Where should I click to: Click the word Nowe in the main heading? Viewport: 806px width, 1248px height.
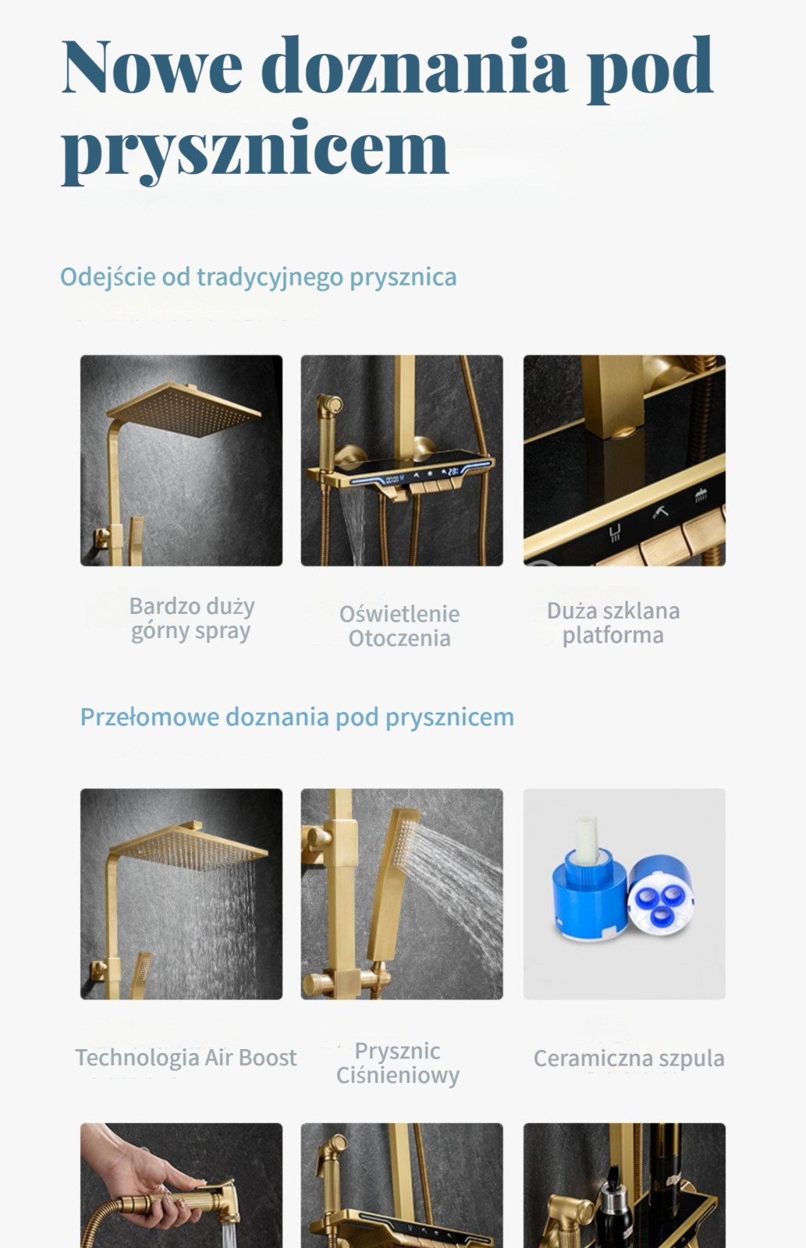151,66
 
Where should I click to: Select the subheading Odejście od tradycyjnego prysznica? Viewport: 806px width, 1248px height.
258,278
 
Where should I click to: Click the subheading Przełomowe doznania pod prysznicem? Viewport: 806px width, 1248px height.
297,718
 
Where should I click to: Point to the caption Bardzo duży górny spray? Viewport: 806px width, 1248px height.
192,619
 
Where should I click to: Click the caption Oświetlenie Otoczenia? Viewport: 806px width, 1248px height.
399,626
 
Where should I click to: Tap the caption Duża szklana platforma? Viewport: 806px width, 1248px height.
613,623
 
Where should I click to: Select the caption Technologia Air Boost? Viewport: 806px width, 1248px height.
186,1058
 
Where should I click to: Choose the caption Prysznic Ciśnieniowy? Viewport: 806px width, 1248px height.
398,1063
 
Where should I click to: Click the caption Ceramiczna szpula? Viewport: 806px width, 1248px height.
629,1058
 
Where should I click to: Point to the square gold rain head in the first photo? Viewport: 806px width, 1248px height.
184,410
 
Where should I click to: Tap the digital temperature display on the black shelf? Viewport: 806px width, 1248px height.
452,472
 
